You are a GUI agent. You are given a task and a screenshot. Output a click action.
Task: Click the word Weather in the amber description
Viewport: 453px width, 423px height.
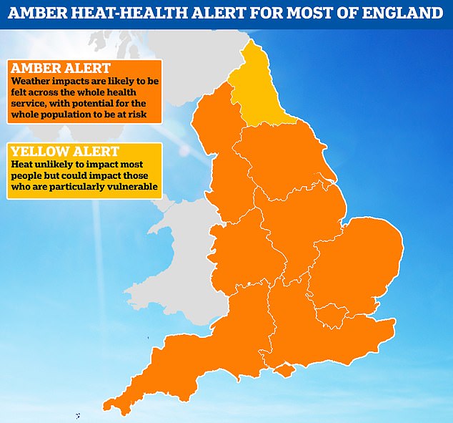31,84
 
